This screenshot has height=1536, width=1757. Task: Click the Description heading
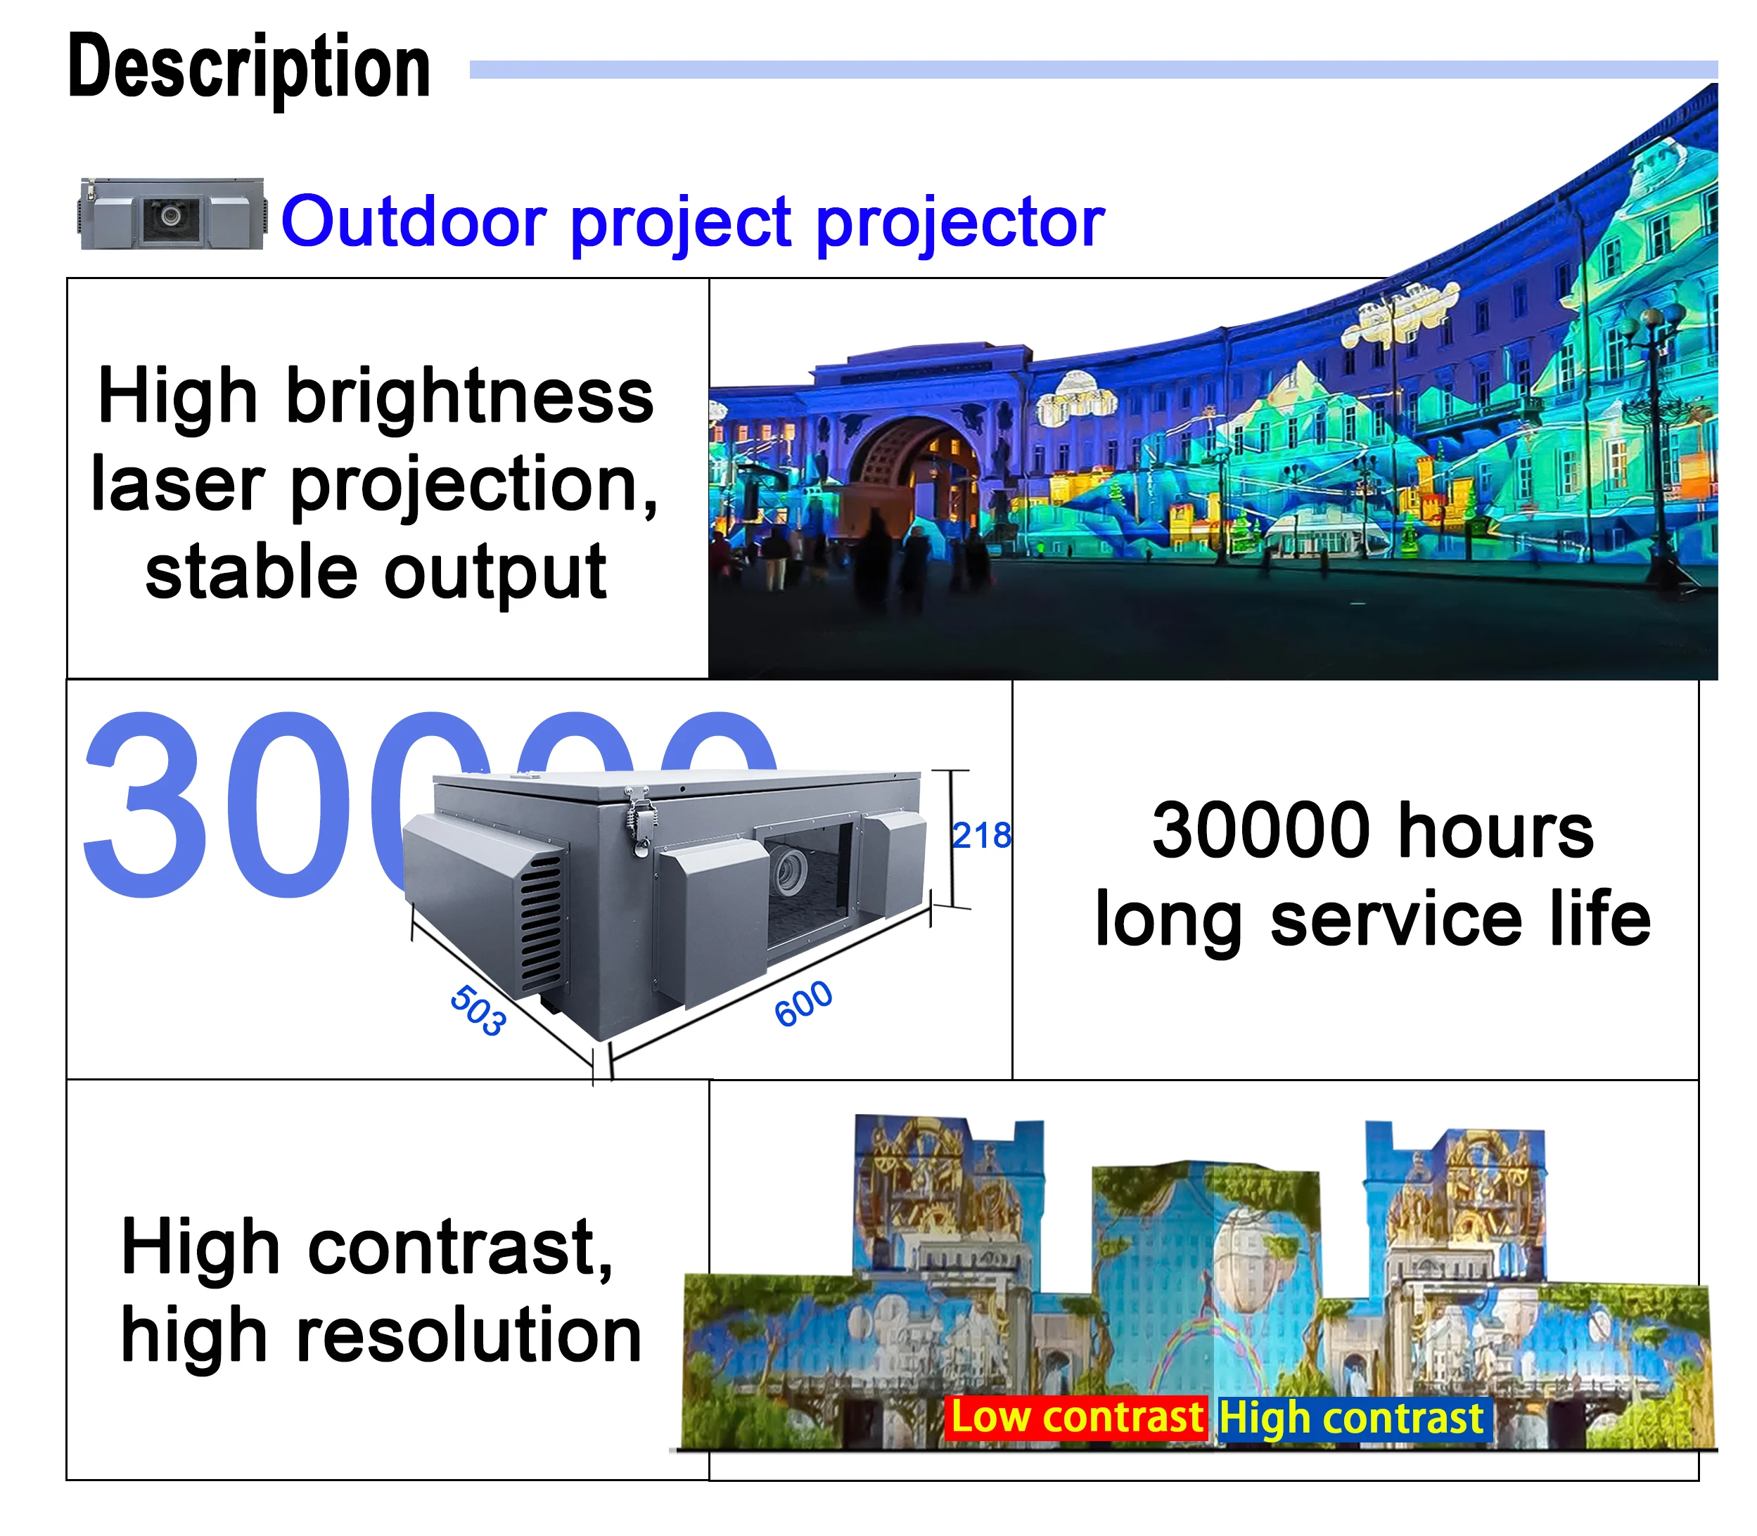click(249, 67)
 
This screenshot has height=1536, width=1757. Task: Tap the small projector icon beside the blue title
click(172, 214)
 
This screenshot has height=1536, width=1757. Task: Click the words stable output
click(376, 572)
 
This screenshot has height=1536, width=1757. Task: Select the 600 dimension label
click(803, 1003)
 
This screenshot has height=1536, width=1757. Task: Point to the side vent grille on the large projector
click(539, 926)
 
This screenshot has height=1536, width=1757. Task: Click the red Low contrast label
click(1076, 1418)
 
